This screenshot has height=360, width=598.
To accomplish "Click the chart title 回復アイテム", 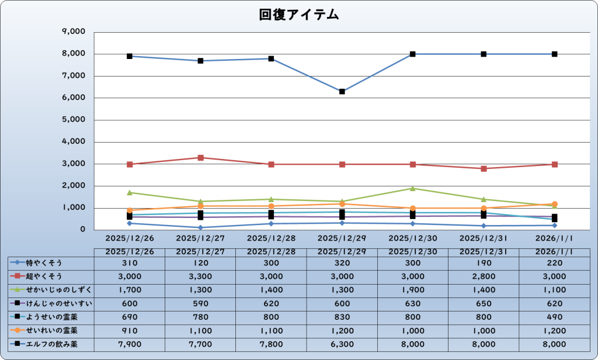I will (299, 15).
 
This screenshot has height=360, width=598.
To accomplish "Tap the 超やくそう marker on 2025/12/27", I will (200, 158).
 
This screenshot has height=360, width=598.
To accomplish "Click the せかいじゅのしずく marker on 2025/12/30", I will (412, 188).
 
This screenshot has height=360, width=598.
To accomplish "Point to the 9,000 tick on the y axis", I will (74, 32).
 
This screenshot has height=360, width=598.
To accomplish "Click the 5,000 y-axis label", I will (74, 120).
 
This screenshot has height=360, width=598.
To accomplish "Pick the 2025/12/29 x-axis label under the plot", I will (342, 238).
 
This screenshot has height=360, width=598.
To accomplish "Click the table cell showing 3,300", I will (200, 276).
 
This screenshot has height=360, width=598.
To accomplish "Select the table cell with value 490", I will (554, 317).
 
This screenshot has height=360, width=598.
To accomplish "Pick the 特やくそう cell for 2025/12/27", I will (200, 263).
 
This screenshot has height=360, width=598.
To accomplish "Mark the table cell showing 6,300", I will (342, 344).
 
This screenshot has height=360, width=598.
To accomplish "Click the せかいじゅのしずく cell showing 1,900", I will (412, 290).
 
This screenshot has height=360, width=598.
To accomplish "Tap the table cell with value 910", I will (130, 330).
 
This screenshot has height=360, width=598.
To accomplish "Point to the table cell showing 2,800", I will (483, 276).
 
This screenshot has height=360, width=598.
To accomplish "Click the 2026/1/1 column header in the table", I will (554, 251).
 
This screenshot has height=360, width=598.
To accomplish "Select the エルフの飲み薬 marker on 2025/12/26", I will (130, 56).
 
